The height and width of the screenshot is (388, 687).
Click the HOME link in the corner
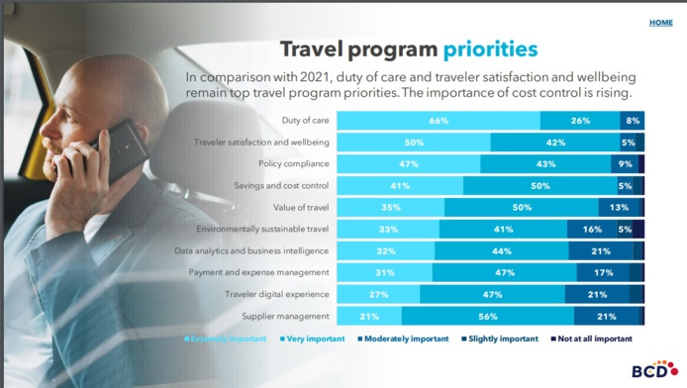coord(660,23)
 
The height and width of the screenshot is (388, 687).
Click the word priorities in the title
coord(490,49)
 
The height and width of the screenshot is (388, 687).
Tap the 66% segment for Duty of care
coord(439,121)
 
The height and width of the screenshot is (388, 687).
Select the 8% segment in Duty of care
coord(633,121)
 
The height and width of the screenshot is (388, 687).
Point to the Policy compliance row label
coord(294,163)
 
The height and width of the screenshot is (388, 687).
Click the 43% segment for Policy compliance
coord(545,164)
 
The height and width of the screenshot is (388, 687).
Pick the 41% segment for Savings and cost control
coord(400,186)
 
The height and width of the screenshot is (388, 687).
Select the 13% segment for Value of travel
coord(620,208)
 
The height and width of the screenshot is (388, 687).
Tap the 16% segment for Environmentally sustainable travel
coord(592,230)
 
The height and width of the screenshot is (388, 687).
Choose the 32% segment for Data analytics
coord(386,251)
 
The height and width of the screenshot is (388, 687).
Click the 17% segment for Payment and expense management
coord(603,273)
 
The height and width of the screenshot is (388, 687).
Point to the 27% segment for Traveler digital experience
coord(378,295)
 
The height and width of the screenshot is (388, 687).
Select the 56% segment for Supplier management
coord(487,317)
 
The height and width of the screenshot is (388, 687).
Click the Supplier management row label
coord(285,317)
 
